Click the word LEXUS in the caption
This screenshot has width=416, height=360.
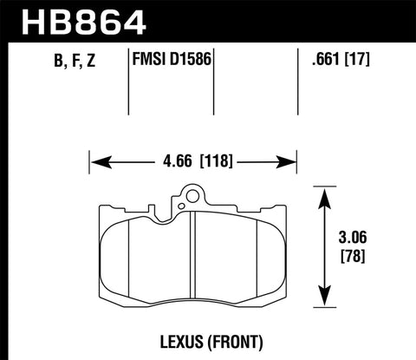pyautogui.click(x=159, y=340)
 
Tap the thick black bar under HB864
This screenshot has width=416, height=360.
pyautogui.click(x=208, y=40)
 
